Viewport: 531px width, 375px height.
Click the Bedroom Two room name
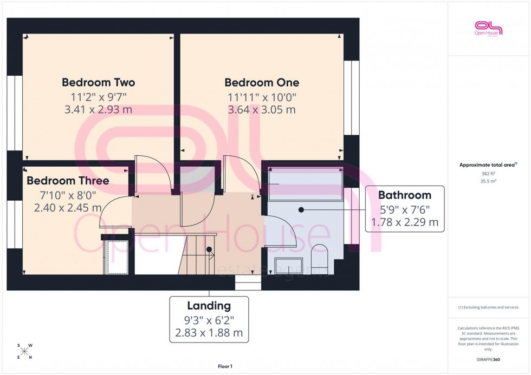point(98,83)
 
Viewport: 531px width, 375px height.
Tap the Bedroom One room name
point(262,83)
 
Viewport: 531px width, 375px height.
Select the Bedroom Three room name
point(68,181)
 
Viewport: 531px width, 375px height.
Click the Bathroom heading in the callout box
point(404,195)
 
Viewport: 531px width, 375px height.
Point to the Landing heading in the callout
point(209,306)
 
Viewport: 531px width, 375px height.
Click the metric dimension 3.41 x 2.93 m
point(98,110)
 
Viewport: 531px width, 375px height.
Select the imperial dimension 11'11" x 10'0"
point(262,97)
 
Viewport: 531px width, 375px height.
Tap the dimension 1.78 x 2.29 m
point(404,222)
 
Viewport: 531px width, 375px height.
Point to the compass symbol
point(24,351)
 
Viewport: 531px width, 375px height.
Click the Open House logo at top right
point(488,28)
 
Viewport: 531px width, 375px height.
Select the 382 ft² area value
point(488,173)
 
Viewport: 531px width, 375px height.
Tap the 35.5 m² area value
point(488,181)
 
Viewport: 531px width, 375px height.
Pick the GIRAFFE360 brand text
point(488,359)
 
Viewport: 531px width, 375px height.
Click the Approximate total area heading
point(488,165)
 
